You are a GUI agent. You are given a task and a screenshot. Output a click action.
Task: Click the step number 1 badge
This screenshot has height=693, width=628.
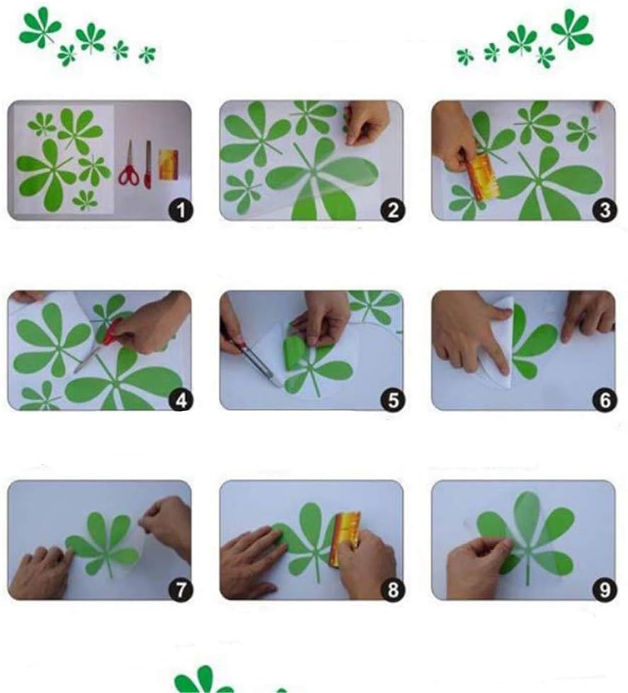click(x=181, y=210)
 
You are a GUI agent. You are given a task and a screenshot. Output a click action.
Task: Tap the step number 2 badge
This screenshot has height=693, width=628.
click(x=393, y=210)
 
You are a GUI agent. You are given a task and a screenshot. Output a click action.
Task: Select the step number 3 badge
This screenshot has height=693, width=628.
click(x=605, y=210)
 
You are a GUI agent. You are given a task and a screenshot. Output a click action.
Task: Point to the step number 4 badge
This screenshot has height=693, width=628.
click(x=181, y=400)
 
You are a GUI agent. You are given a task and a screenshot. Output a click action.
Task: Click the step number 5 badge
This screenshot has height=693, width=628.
click(x=393, y=400)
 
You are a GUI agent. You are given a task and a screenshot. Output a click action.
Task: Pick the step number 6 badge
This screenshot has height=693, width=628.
click(x=605, y=400)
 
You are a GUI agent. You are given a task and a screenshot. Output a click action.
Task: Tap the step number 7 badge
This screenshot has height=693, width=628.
click(x=181, y=590)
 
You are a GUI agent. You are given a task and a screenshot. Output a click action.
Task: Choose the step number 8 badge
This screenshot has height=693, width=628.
click(x=393, y=590)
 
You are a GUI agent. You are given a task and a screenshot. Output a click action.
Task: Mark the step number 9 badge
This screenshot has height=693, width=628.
click(x=605, y=590)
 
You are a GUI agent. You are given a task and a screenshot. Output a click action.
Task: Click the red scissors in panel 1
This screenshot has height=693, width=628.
click(x=129, y=166)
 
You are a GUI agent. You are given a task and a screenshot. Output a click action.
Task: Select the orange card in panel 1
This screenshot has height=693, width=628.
click(x=169, y=164)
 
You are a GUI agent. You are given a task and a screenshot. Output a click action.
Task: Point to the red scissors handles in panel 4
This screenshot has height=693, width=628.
click(x=111, y=332)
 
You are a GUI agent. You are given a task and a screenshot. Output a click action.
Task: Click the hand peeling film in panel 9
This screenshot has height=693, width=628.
click(x=480, y=567)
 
